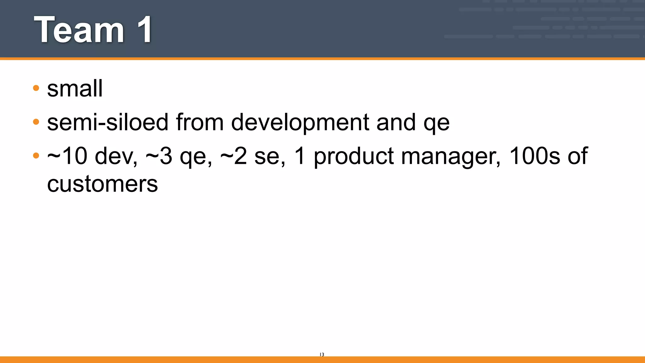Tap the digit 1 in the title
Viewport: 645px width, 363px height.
(x=145, y=30)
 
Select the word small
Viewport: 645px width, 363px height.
(x=75, y=89)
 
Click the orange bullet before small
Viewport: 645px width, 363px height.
(x=36, y=88)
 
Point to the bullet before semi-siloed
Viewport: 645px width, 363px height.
(x=36, y=122)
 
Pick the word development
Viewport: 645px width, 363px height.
(x=300, y=123)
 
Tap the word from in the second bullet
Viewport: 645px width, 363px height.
(x=199, y=122)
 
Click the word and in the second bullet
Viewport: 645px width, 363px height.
(x=396, y=122)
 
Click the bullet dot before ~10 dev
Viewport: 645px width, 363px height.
(x=36, y=155)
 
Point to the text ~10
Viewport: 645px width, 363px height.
(x=67, y=156)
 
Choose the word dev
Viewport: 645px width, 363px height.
(x=116, y=157)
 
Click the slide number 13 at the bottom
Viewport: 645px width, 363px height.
(x=322, y=354)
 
